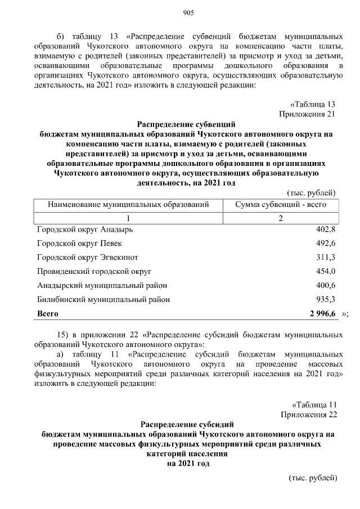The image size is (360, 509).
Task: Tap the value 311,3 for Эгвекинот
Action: [x=326, y=257]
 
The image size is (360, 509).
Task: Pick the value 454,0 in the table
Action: [x=326, y=271]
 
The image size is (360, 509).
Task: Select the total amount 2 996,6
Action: [x=322, y=313]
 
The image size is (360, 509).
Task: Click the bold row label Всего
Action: [x=48, y=313]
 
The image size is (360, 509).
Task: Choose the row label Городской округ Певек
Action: [x=79, y=244]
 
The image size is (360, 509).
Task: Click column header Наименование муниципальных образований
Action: [x=128, y=205]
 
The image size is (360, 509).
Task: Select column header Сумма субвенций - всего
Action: [x=280, y=205]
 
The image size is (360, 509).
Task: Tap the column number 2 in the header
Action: [x=280, y=218]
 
